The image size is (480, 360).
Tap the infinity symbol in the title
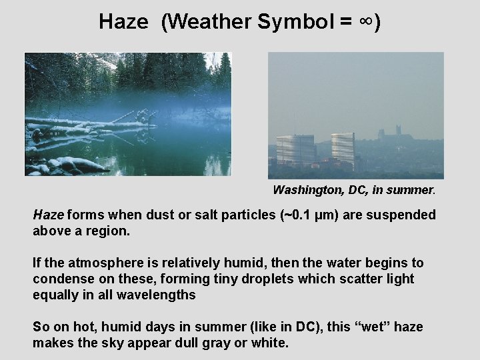click(x=366, y=21)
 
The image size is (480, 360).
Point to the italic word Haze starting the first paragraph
click(x=48, y=215)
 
